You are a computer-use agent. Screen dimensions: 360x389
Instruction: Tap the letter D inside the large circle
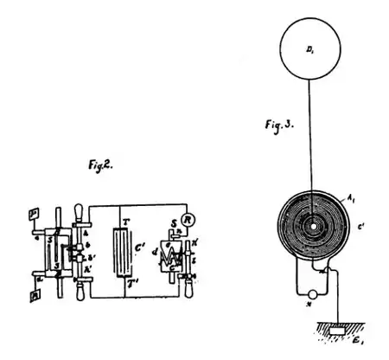311,54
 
